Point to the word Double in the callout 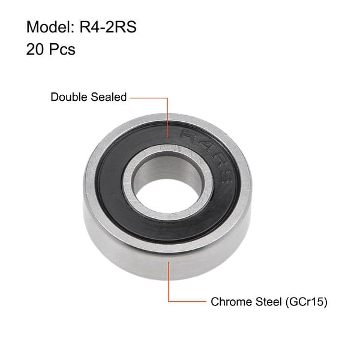(68, 97)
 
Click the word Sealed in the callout (109, 97)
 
